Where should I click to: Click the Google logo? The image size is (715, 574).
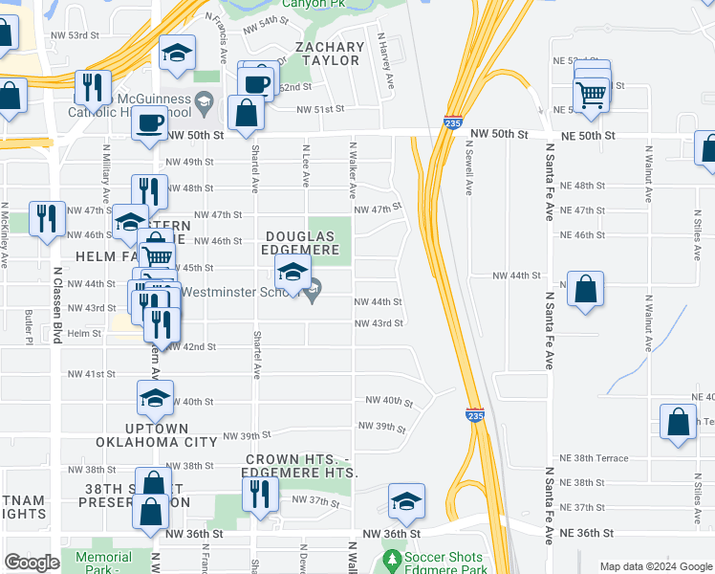tap(32, 563)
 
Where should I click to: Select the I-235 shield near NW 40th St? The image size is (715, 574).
tap(474, 414)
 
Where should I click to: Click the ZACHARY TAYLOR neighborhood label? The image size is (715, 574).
tap(330, 54)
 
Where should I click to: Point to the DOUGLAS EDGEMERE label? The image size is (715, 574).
tap(302, 243)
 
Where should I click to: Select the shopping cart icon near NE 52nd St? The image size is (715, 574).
tap(592, 94)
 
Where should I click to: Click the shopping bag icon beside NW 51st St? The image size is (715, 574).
tap(246, 113)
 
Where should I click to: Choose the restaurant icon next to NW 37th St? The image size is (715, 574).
tap(259, 493)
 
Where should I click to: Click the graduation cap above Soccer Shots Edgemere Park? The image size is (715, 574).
tap(406, 500)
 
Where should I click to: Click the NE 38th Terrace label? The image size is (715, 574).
tap(594, 458)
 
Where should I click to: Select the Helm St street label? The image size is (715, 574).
tap(84, 333)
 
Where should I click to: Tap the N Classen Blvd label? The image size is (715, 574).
tap(57, 304)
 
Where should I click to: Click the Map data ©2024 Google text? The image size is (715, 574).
tap(655, 566)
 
